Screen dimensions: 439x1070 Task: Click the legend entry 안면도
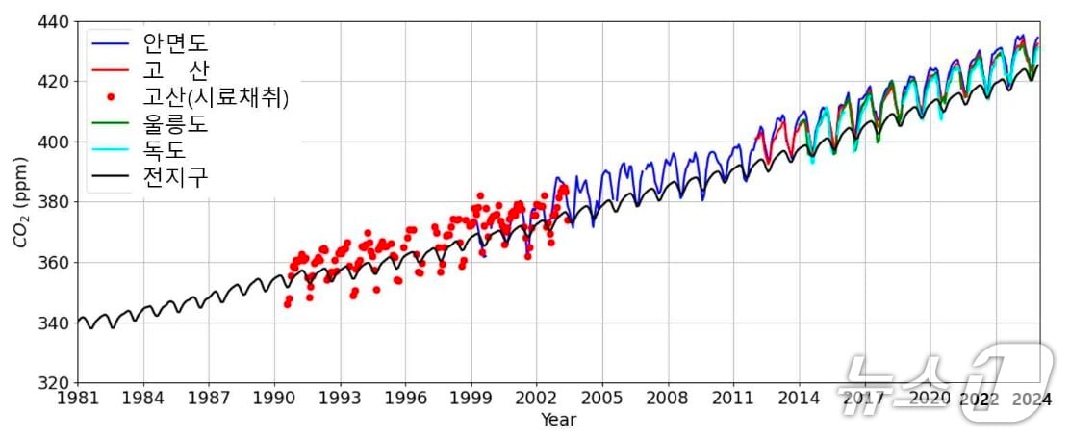point(176,43)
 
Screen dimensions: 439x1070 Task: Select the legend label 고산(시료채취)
point(216,97)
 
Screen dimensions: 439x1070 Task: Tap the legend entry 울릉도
point(176,124)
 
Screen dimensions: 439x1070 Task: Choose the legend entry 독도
point(165,151)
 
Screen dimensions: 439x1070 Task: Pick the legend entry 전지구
point(176,178)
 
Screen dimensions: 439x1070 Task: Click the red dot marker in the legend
point(111,97)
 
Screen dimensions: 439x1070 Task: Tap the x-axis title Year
point(558,420)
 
